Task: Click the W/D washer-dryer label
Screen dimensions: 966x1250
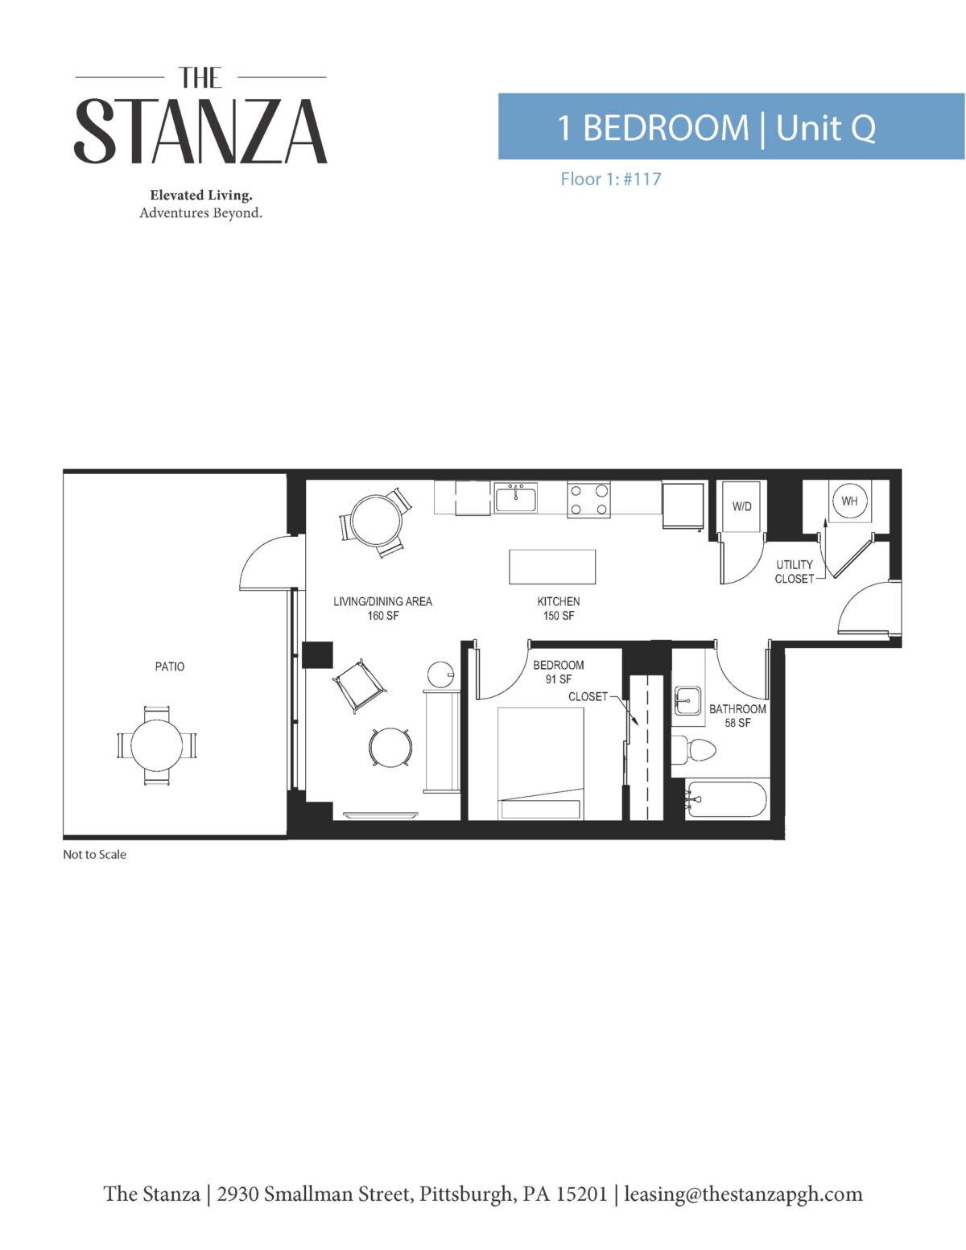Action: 741,506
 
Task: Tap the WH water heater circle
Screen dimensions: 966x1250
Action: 849,501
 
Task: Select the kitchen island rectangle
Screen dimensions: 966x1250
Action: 551,567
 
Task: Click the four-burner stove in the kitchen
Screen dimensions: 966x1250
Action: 588,499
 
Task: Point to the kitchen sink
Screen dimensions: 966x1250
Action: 515,498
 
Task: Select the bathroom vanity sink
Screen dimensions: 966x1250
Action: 687,700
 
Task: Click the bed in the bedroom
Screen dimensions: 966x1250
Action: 540,763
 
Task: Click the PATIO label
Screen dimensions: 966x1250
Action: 170,666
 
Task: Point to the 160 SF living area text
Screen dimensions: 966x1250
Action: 383,616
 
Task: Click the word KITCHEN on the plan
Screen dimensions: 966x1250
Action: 558,602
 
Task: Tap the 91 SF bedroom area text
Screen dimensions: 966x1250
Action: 558,679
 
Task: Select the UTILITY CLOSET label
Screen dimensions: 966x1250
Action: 794,571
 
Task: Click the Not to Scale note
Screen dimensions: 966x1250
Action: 94,855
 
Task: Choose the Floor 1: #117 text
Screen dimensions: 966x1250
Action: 611,179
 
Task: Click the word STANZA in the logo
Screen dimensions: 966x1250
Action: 200,131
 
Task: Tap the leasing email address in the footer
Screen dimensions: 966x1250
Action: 743,1194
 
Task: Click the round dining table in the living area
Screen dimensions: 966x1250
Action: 376,522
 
